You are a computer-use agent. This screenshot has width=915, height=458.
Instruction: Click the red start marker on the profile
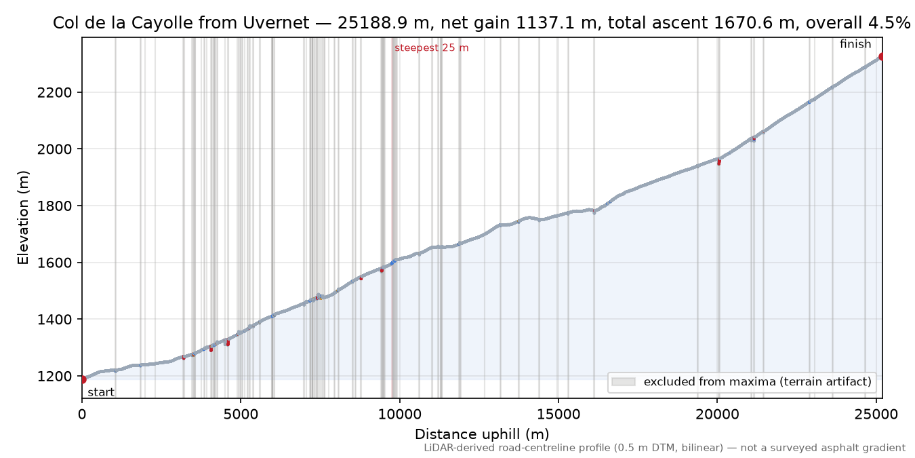pyautogui.click(x=83, y=379)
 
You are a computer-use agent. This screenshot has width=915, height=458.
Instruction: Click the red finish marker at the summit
pyautogui.click(x=882, y=56)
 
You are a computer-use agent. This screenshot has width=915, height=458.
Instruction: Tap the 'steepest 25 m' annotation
pyautogui.click(x=431, y=48)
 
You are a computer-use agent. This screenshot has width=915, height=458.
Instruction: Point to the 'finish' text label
pyautogui.click(x=855, y=44)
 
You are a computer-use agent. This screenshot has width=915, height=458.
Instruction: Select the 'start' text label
pyautogui.click(x=101, y=392)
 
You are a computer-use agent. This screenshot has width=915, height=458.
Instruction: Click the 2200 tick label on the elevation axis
pyautogui.click(x=54, y=92)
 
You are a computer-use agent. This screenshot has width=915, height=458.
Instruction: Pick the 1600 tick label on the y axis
pyautogui.click(x=54, y=263)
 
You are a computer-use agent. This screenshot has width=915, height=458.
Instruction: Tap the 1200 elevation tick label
pyautogui.click(x=54, y=376)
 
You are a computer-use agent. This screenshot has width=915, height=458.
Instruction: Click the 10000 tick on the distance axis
pyautogui.click(x=399, y=415)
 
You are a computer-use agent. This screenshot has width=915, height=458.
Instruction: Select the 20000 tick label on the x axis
pyautogui.click(x=717, y=415)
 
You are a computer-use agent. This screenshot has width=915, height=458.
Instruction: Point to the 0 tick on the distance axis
pyautogui.click(x=82, y=415)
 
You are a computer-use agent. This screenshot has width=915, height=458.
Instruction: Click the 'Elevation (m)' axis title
pyautogui.click(x=23, y=218)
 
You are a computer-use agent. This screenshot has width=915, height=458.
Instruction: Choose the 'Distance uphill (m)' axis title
pyautogui.click(x=482, y=434)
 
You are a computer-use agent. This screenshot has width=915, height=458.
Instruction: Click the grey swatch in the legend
pyautogui.click(x=624, y=381)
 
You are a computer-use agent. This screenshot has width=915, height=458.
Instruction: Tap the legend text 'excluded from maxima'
pyautogui.click(x=710, y=381)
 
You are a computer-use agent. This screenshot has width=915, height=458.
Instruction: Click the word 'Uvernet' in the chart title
pyautogui.click(x=276, y=23)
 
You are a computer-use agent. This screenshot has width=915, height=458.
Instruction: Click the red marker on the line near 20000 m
pyautogui.click(x=719, y=162)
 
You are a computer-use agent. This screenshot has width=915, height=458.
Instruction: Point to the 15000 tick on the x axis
pyautogui.click(x=558, y=415)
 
